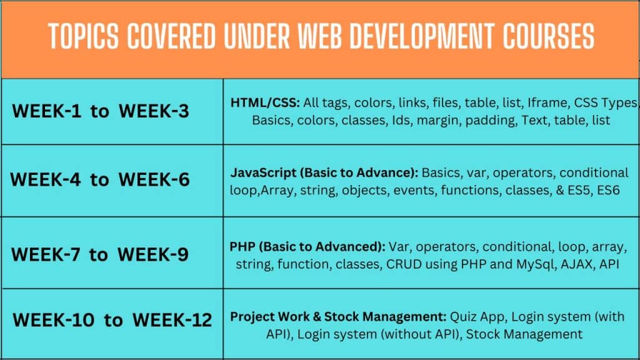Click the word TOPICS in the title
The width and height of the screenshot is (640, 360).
83,36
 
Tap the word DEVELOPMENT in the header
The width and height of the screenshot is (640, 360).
422,36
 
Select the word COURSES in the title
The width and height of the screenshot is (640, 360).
549,36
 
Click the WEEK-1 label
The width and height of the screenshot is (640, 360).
47,111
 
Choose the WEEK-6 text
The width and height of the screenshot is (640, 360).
154,179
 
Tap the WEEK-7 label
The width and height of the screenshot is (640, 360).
46,255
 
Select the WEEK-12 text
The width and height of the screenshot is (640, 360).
172,320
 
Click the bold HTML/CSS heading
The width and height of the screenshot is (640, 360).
265,103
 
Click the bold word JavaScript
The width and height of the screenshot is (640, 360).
263,173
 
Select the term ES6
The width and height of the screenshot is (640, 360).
609,191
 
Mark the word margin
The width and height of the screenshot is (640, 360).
437,121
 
